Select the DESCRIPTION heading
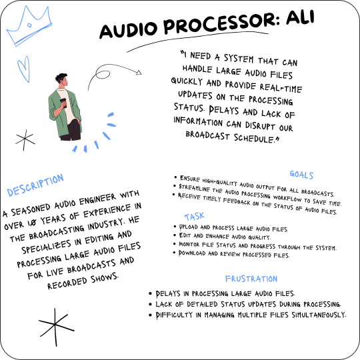coord(35,185)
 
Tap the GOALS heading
coord(301,175)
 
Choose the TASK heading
coord(195,217)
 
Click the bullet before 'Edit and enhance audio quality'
coord(174,235)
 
